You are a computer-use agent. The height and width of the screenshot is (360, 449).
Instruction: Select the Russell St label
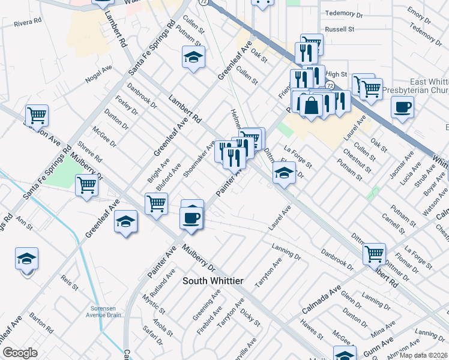click(340, 29)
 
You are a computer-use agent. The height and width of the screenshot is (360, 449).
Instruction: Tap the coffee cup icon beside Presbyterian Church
click(402, 107)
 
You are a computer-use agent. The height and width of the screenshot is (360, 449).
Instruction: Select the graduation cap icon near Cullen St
click(193, 58)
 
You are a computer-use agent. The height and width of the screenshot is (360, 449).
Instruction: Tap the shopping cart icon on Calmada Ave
click(374, 255)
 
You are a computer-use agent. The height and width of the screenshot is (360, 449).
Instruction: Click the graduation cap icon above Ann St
click(27, 259)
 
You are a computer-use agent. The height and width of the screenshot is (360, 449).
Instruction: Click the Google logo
click(20, 353)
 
